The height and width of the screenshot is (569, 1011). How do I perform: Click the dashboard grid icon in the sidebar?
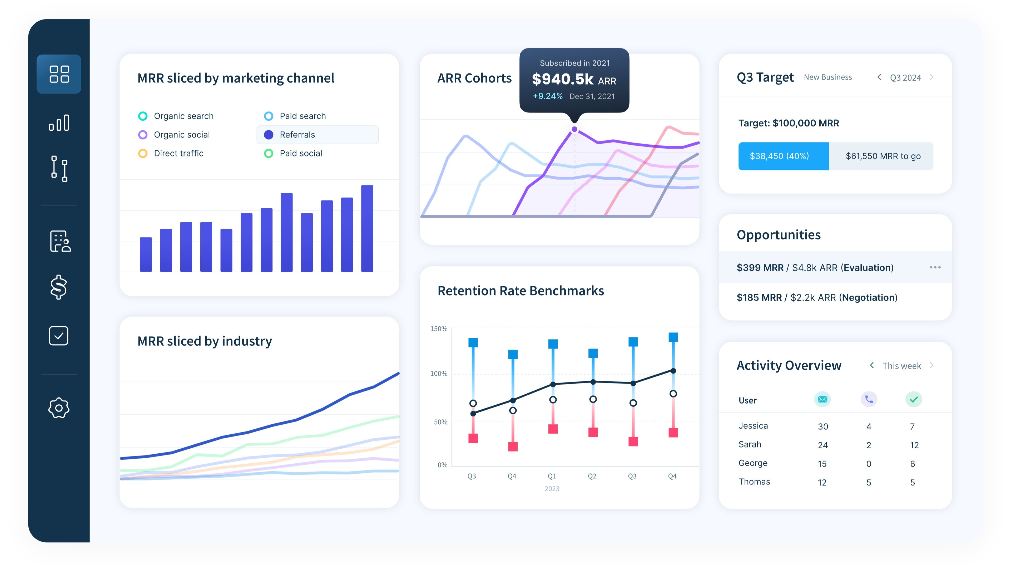pyautogui.click(x=59, y=74)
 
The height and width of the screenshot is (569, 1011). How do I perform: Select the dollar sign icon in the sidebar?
pyautogui.click(x=59, y=287)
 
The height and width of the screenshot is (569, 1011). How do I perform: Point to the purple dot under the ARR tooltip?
pyautogui.click(x=574, y=129)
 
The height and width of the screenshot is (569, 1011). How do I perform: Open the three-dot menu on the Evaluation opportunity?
pyautogui.click(x=935, y=267)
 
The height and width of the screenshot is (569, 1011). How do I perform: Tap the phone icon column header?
pyautogui.click(x=869, y=399)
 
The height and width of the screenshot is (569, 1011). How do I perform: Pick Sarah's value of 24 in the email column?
pyautogui.click(x=822, y=445)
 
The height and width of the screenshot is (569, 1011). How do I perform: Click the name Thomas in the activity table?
pyautogui.click(x=754, y=482)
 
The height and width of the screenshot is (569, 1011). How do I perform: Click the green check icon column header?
pyautogui.click(x=913, y=399)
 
